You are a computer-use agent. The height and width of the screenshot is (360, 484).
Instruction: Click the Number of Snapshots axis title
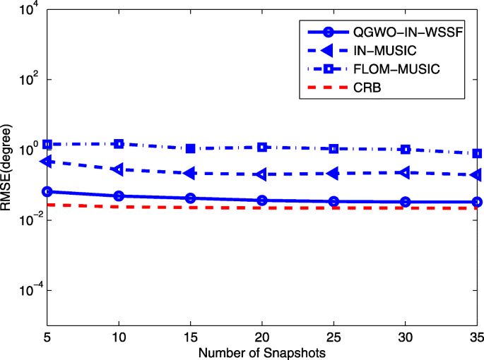point(262,351)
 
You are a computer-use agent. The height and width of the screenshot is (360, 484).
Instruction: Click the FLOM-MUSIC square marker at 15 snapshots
point(191,148)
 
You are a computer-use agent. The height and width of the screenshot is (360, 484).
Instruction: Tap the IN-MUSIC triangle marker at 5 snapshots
point(47,162)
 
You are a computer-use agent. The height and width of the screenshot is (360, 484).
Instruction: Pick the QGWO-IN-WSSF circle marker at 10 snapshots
point(119,196)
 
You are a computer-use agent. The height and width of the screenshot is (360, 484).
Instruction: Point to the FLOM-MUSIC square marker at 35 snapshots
point(477,153)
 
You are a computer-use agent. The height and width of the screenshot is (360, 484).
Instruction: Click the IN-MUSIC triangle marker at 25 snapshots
point(334,173)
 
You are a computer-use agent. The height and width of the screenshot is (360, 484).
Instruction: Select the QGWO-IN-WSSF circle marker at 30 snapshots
point(406,202)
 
